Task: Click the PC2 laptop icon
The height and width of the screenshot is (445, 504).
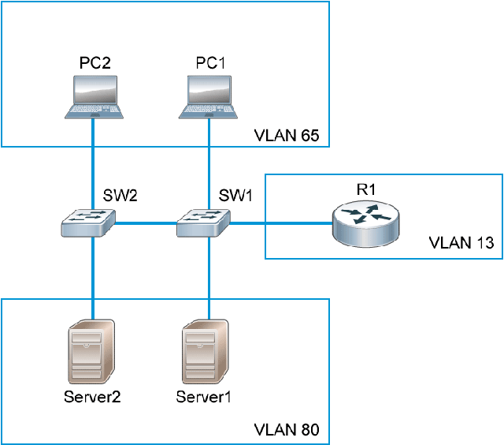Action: pos(94,97)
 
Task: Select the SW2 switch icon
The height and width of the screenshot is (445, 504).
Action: pos(88,222)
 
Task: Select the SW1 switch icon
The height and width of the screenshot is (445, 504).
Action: pos(203,222)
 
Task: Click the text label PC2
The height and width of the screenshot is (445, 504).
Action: pos(94,62)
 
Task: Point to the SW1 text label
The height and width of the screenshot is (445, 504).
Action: pos(236,194)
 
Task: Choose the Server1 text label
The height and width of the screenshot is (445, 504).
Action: pos(204,395)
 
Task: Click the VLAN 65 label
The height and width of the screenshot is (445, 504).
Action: pos(286,136)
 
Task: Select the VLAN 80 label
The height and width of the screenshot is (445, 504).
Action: pos(286,431)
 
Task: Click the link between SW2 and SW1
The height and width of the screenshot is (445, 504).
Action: pos(146,224)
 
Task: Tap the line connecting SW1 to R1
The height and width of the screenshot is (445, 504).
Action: pos(280,224)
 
